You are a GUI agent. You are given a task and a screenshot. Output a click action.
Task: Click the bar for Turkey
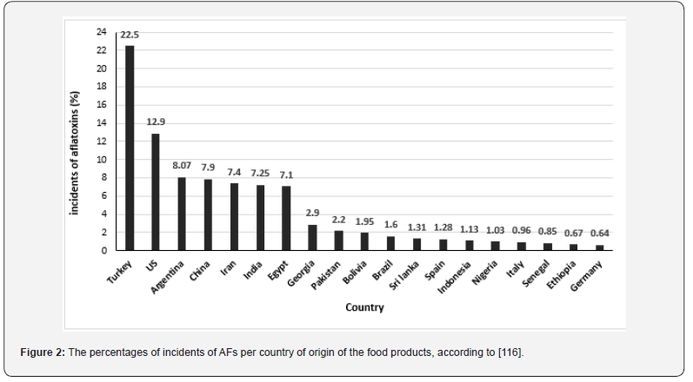(x=130, y=148)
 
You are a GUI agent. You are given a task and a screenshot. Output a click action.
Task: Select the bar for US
(x=156, y=192)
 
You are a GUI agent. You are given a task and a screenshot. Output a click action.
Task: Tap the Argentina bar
(x=182, y=214)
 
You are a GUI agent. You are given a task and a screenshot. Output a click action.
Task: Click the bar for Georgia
(x=312, y=237)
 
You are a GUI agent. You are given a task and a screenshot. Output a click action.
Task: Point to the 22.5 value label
(x=130, y=36)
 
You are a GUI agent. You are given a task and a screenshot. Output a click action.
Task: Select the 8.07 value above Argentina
(x=182, y=167)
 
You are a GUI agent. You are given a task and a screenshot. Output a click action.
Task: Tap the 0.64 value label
(x=601, y=234)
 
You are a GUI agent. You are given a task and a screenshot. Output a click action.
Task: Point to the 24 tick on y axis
(x=101, y=32)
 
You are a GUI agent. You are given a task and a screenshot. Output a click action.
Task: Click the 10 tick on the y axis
(x=101, y=160)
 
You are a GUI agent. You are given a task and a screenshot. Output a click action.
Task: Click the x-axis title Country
(x=364, y=307)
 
